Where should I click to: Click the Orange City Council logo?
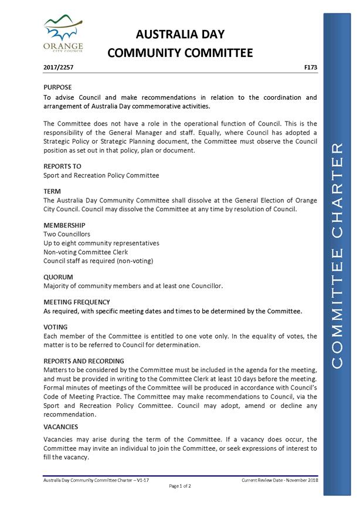point(63,34)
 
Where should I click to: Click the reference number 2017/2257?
point(58,68)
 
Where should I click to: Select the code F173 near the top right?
point(311,68)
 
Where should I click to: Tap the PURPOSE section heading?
point(57,87)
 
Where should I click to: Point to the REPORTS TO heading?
point(62,166)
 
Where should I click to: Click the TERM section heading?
point(52,191)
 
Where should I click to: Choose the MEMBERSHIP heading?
point(64,225)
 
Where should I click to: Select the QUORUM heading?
point(58,276)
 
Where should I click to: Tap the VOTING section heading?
point(56,327)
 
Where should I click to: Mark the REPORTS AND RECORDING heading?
point(84,361)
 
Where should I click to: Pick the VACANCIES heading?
point(60,427)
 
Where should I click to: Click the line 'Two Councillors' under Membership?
point(67,234)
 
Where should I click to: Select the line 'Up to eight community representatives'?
point(101,243)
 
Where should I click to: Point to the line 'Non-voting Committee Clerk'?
point(86,252)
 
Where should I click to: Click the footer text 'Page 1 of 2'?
point(180,486)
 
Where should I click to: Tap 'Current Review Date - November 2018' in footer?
point(279,480)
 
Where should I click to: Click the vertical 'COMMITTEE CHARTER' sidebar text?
point(338,255)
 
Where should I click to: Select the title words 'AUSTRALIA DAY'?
point(180,34)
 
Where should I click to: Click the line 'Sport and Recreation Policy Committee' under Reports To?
point(101,175)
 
